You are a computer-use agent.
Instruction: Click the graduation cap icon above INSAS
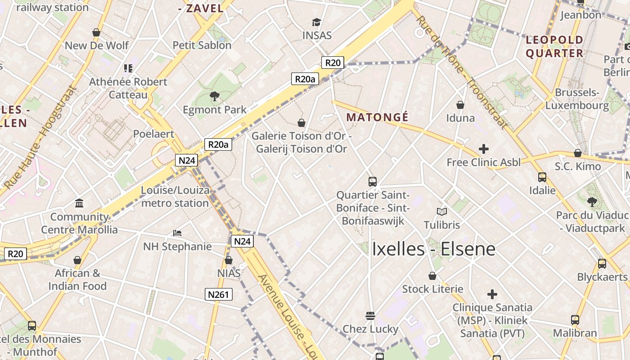(316, 22)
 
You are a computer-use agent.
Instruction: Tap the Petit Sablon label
(202, 45)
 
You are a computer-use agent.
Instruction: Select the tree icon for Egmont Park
(214, 95)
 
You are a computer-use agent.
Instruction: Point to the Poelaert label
(153, 134)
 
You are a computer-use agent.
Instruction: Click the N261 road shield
(219, 295)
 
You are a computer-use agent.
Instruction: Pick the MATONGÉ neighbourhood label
(378, 117)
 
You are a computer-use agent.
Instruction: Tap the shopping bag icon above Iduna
(460, 105)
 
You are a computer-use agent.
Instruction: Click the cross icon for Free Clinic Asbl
(484, 148)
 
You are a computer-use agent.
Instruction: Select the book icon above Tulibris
(442, 211)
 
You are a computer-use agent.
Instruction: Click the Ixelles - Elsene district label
(433, 249)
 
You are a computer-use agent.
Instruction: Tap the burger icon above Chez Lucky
(370, 315)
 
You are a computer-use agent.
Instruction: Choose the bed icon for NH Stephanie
(177, 233)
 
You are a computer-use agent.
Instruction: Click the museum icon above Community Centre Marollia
(80, 203)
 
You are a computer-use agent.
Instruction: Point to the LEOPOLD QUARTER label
(554, 47)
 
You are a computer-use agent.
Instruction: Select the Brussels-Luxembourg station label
(577, 99)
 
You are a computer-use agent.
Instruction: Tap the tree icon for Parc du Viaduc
(592, 202)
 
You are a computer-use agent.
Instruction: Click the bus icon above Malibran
(575, 320)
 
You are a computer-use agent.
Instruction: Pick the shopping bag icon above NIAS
(229, 260)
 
